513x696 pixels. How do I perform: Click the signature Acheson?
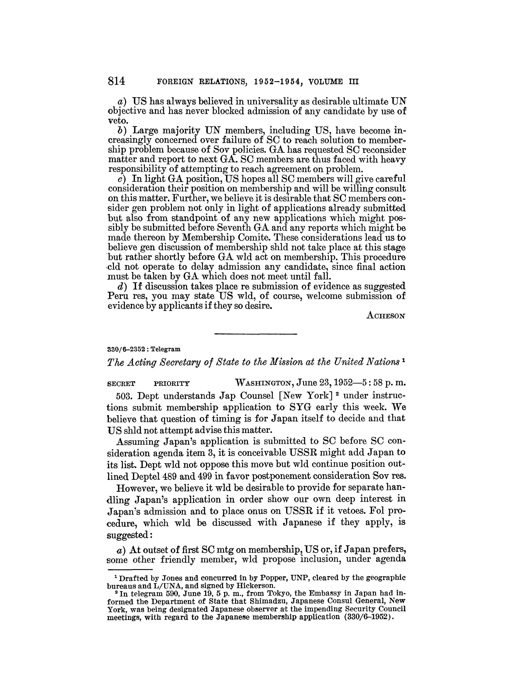[x=386, y=316]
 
